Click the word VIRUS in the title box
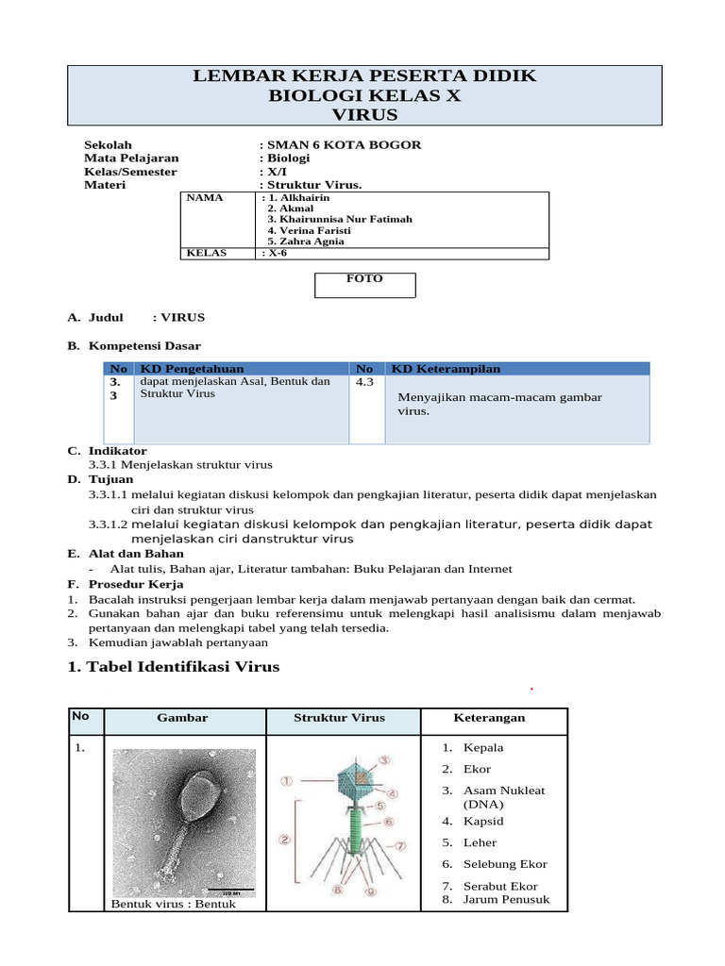pos(365,115)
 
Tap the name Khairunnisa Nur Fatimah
pos(340,219)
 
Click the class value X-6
pos(276,253)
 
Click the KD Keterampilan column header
pos(446,369)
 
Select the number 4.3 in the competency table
pos(365,383)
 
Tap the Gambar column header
pos(184,718)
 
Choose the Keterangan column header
pos(489,718)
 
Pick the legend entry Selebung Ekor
pos(505,864)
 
